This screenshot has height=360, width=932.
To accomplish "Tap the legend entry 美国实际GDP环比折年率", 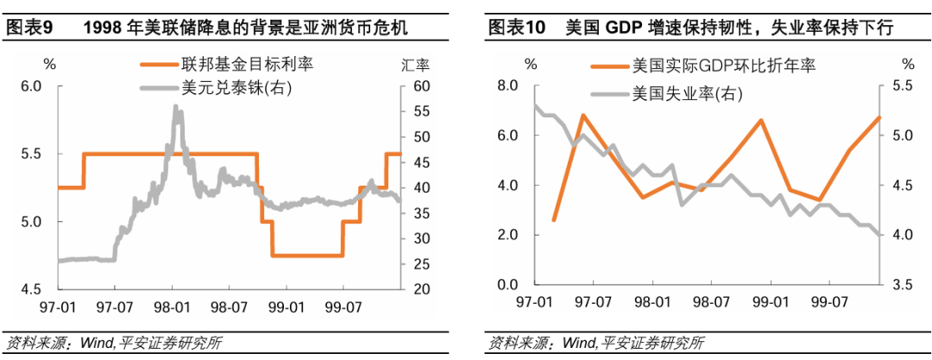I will tap(724, 66).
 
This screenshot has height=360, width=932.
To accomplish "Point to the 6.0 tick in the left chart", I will tap(30, 85).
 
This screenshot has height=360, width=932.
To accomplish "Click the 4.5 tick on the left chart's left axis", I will tap(30, 289).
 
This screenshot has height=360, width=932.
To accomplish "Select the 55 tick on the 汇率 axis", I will tap(422, 111).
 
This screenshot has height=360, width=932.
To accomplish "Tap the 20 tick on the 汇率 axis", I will tap(422, 289).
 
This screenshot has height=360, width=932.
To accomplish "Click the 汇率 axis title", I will tap(416, 65).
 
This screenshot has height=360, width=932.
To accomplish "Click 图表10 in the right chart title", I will tap(516, 28).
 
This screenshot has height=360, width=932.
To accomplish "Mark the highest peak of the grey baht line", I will tap(176, 106).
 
